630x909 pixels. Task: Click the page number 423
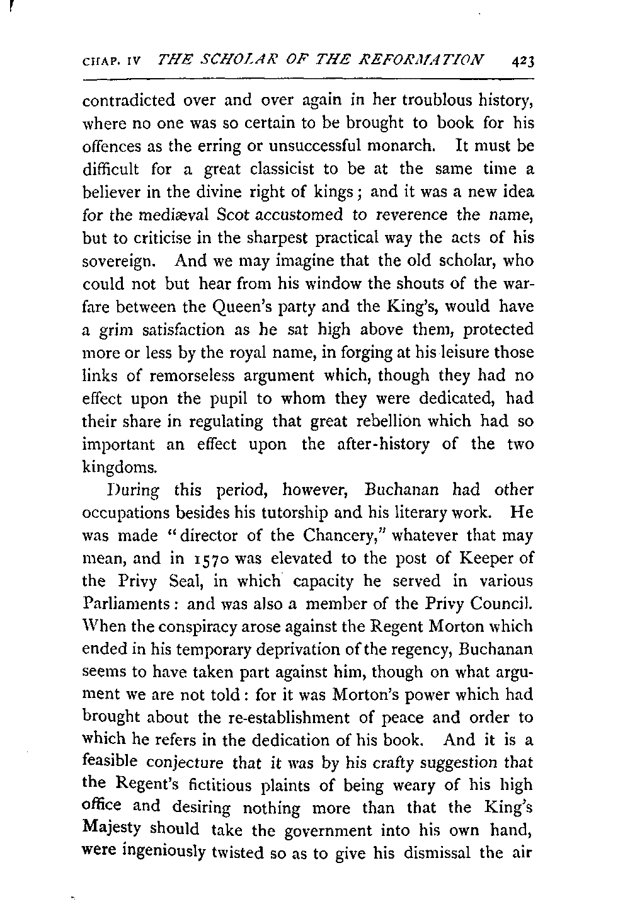(x=523, y=61)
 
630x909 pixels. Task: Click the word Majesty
(x=111, y=831)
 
